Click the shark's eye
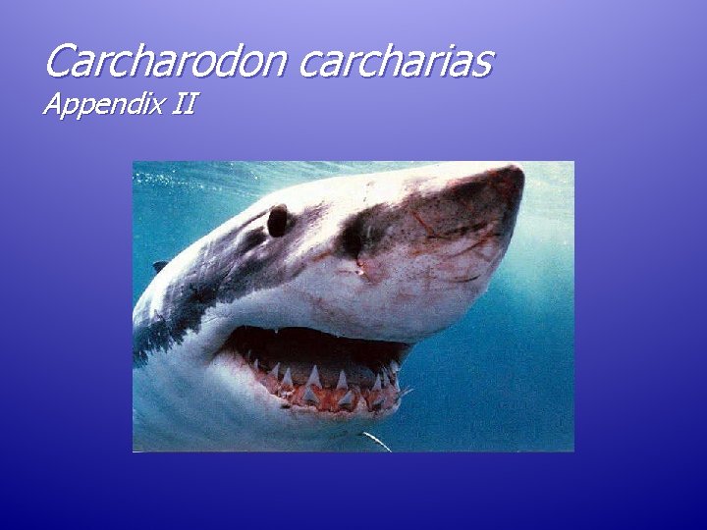click(x=278, y=220)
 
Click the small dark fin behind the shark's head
click(x=160, y=266)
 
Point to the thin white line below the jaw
click(x=375, y=441)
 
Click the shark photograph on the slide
click(x=353, y=305)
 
